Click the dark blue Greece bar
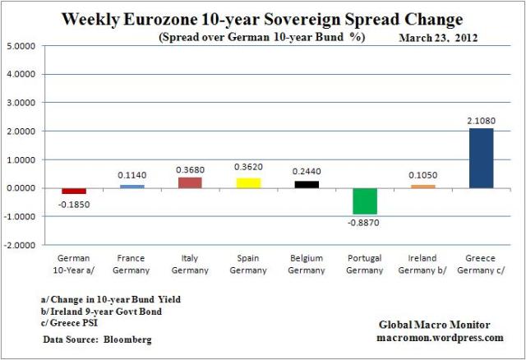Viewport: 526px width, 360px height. pyautogui.click(x=481, y=158)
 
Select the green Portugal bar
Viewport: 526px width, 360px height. pyautogui.click(x=366, y=201)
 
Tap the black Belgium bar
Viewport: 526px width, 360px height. pyautogui.click(x=307, y=184)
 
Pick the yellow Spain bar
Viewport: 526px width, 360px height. pyautogui.click(x=248, y=182)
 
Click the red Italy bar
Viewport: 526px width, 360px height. pyautogui.click(x=190, y=182)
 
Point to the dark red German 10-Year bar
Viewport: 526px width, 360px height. pyautogui.click(x=74, y=191)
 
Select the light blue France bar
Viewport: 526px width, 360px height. pyautogui.click(x=131, y=187)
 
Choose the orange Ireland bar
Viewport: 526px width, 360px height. pyautogui.click(x=423, y=187)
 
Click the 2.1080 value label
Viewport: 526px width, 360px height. pyautogui.click(x=481, y=120)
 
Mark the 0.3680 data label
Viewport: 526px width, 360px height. pyautogui.click(x=190, y=169)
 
